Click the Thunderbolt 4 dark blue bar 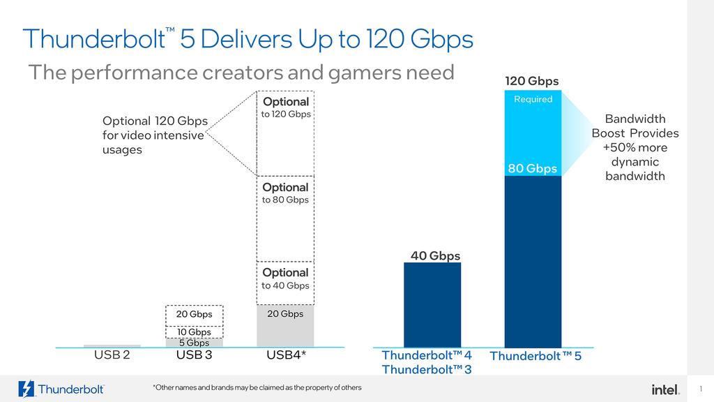pos(432,305)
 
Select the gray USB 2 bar pos(112,345)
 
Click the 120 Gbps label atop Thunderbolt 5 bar pos(531,82)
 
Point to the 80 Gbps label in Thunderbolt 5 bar pos(532,168)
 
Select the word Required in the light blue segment pos(533,99)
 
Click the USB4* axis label pos(287,355)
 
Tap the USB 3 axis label pos(194,355)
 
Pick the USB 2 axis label pos(112,355)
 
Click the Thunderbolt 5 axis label pos(535,356)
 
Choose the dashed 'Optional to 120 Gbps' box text pos(286,107)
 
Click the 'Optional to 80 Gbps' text pos(285,193)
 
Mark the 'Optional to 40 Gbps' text pos(285,278)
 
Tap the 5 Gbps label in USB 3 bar pos(194,343)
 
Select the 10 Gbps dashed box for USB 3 pos(194,332)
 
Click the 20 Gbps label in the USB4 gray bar pos(285,314)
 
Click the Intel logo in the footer pos(666,389)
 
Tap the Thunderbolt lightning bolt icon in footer pos(26,389)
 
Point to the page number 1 pos(700,389)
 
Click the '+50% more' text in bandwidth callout pos(635,148)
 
